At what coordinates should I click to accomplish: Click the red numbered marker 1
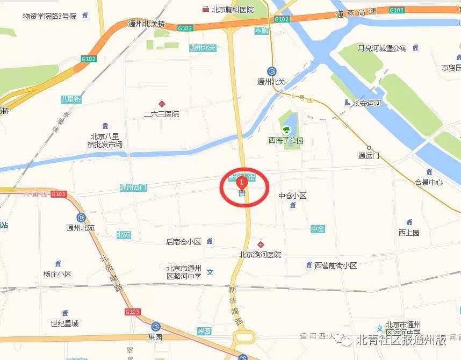(x=242, y=183)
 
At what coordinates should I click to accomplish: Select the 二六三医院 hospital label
(x=161, y=114)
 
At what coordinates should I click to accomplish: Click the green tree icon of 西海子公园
(x=286, y=129)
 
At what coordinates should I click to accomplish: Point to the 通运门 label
(x=369, y=156)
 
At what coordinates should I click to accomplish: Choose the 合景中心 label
(x=429, y=182)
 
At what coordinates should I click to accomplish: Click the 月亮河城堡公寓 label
(x=382, y=48)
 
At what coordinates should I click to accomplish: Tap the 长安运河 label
(x=366, y=103)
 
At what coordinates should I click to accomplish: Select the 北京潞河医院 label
(x=260, y=255)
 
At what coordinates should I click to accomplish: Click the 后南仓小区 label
(x=183, y=242)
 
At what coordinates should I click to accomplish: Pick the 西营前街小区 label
(x=336, y=265)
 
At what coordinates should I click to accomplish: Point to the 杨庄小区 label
(x=57, y=274)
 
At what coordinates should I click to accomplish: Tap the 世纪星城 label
(x=64, y=323)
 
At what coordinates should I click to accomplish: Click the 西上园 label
(x=409, y=233)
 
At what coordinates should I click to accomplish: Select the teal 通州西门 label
(x=133, y=188)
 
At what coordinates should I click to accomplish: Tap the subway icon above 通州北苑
(x=81, y=218)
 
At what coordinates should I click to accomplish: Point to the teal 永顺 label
(x=262, y=31)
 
